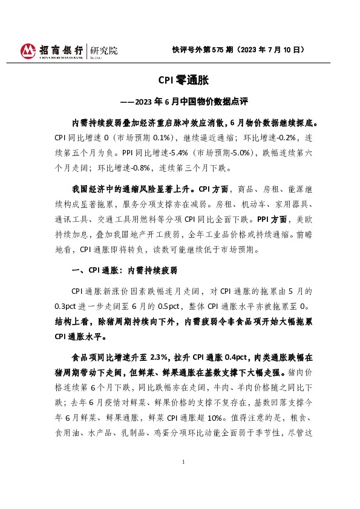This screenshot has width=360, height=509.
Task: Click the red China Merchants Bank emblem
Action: [x=28, y=51]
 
